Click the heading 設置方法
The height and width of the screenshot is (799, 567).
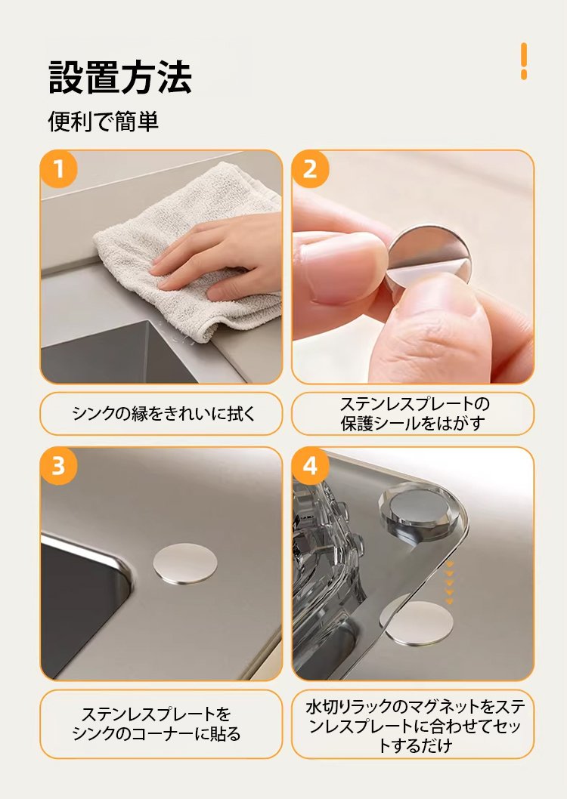(119, 77)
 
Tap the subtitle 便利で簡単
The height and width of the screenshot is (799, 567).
(104, 122)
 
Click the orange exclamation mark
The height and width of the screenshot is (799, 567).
(524, 61)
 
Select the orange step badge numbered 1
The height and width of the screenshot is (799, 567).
(59, 169)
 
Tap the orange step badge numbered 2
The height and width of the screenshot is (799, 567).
(310, 169)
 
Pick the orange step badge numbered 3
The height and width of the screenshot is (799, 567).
(59, 466)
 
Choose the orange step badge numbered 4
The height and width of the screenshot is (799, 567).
(310, 466)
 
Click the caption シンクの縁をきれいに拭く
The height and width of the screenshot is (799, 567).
(163, 414)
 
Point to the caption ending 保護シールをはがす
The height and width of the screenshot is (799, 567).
(413, 414)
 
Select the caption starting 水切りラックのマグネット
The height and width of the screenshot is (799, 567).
(415, 726)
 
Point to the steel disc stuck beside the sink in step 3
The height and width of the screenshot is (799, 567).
(185, 563)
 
